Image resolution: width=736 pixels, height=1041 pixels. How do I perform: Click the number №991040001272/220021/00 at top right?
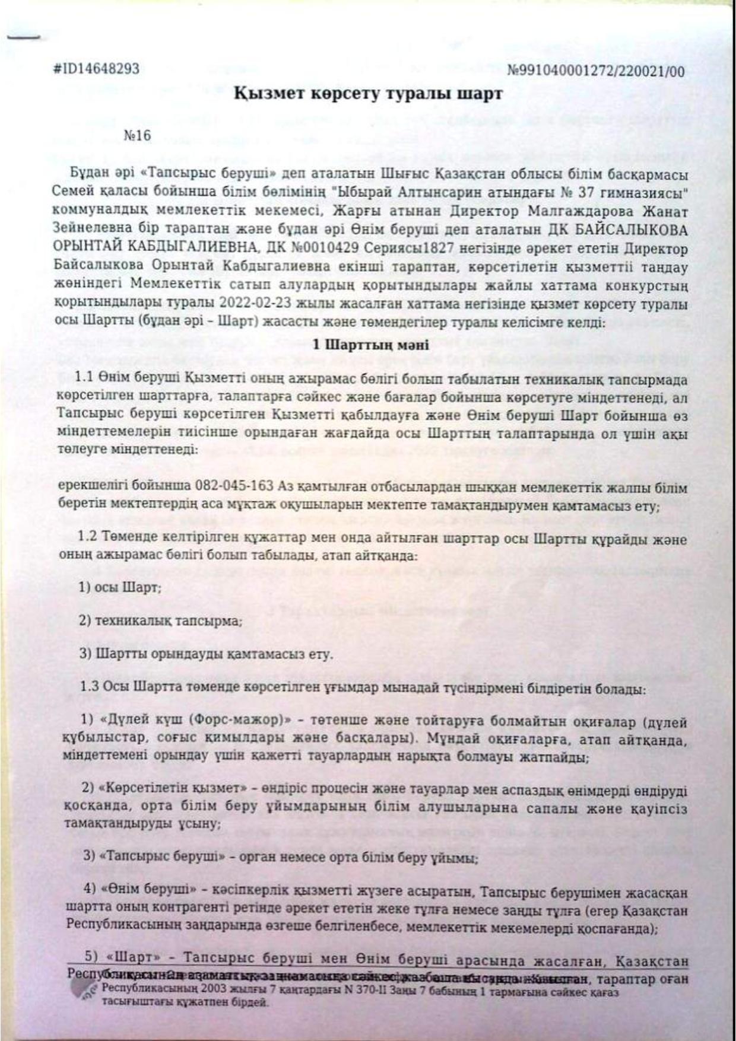597,72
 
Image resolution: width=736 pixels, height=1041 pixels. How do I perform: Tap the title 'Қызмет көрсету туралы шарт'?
369,94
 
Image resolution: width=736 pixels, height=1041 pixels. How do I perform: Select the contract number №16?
138,135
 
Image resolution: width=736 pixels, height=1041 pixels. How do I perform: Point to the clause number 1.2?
87,541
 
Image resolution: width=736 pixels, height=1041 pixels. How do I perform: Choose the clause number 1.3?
87,689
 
